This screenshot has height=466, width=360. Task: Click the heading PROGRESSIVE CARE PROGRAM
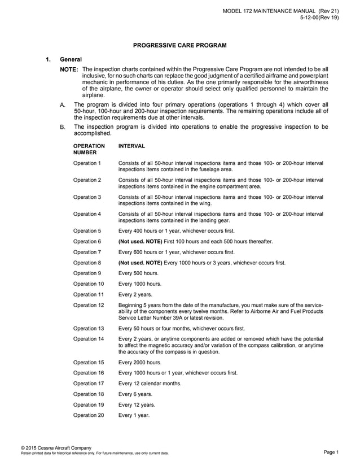179,45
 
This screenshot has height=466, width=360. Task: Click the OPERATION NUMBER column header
89,149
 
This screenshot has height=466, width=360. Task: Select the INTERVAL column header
131,146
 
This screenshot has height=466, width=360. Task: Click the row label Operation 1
87,163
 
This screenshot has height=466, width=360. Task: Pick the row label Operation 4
87,214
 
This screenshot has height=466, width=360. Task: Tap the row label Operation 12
89,305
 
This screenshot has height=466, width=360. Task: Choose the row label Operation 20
89,415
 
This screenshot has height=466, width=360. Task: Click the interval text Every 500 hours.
138,273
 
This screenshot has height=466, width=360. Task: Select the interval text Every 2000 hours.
139,362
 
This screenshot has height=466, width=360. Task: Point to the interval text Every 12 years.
136,404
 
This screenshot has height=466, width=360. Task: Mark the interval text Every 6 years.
135,394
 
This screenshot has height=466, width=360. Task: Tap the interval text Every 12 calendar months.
150,384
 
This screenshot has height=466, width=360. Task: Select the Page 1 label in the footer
331,452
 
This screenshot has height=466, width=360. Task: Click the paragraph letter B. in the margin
62,127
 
